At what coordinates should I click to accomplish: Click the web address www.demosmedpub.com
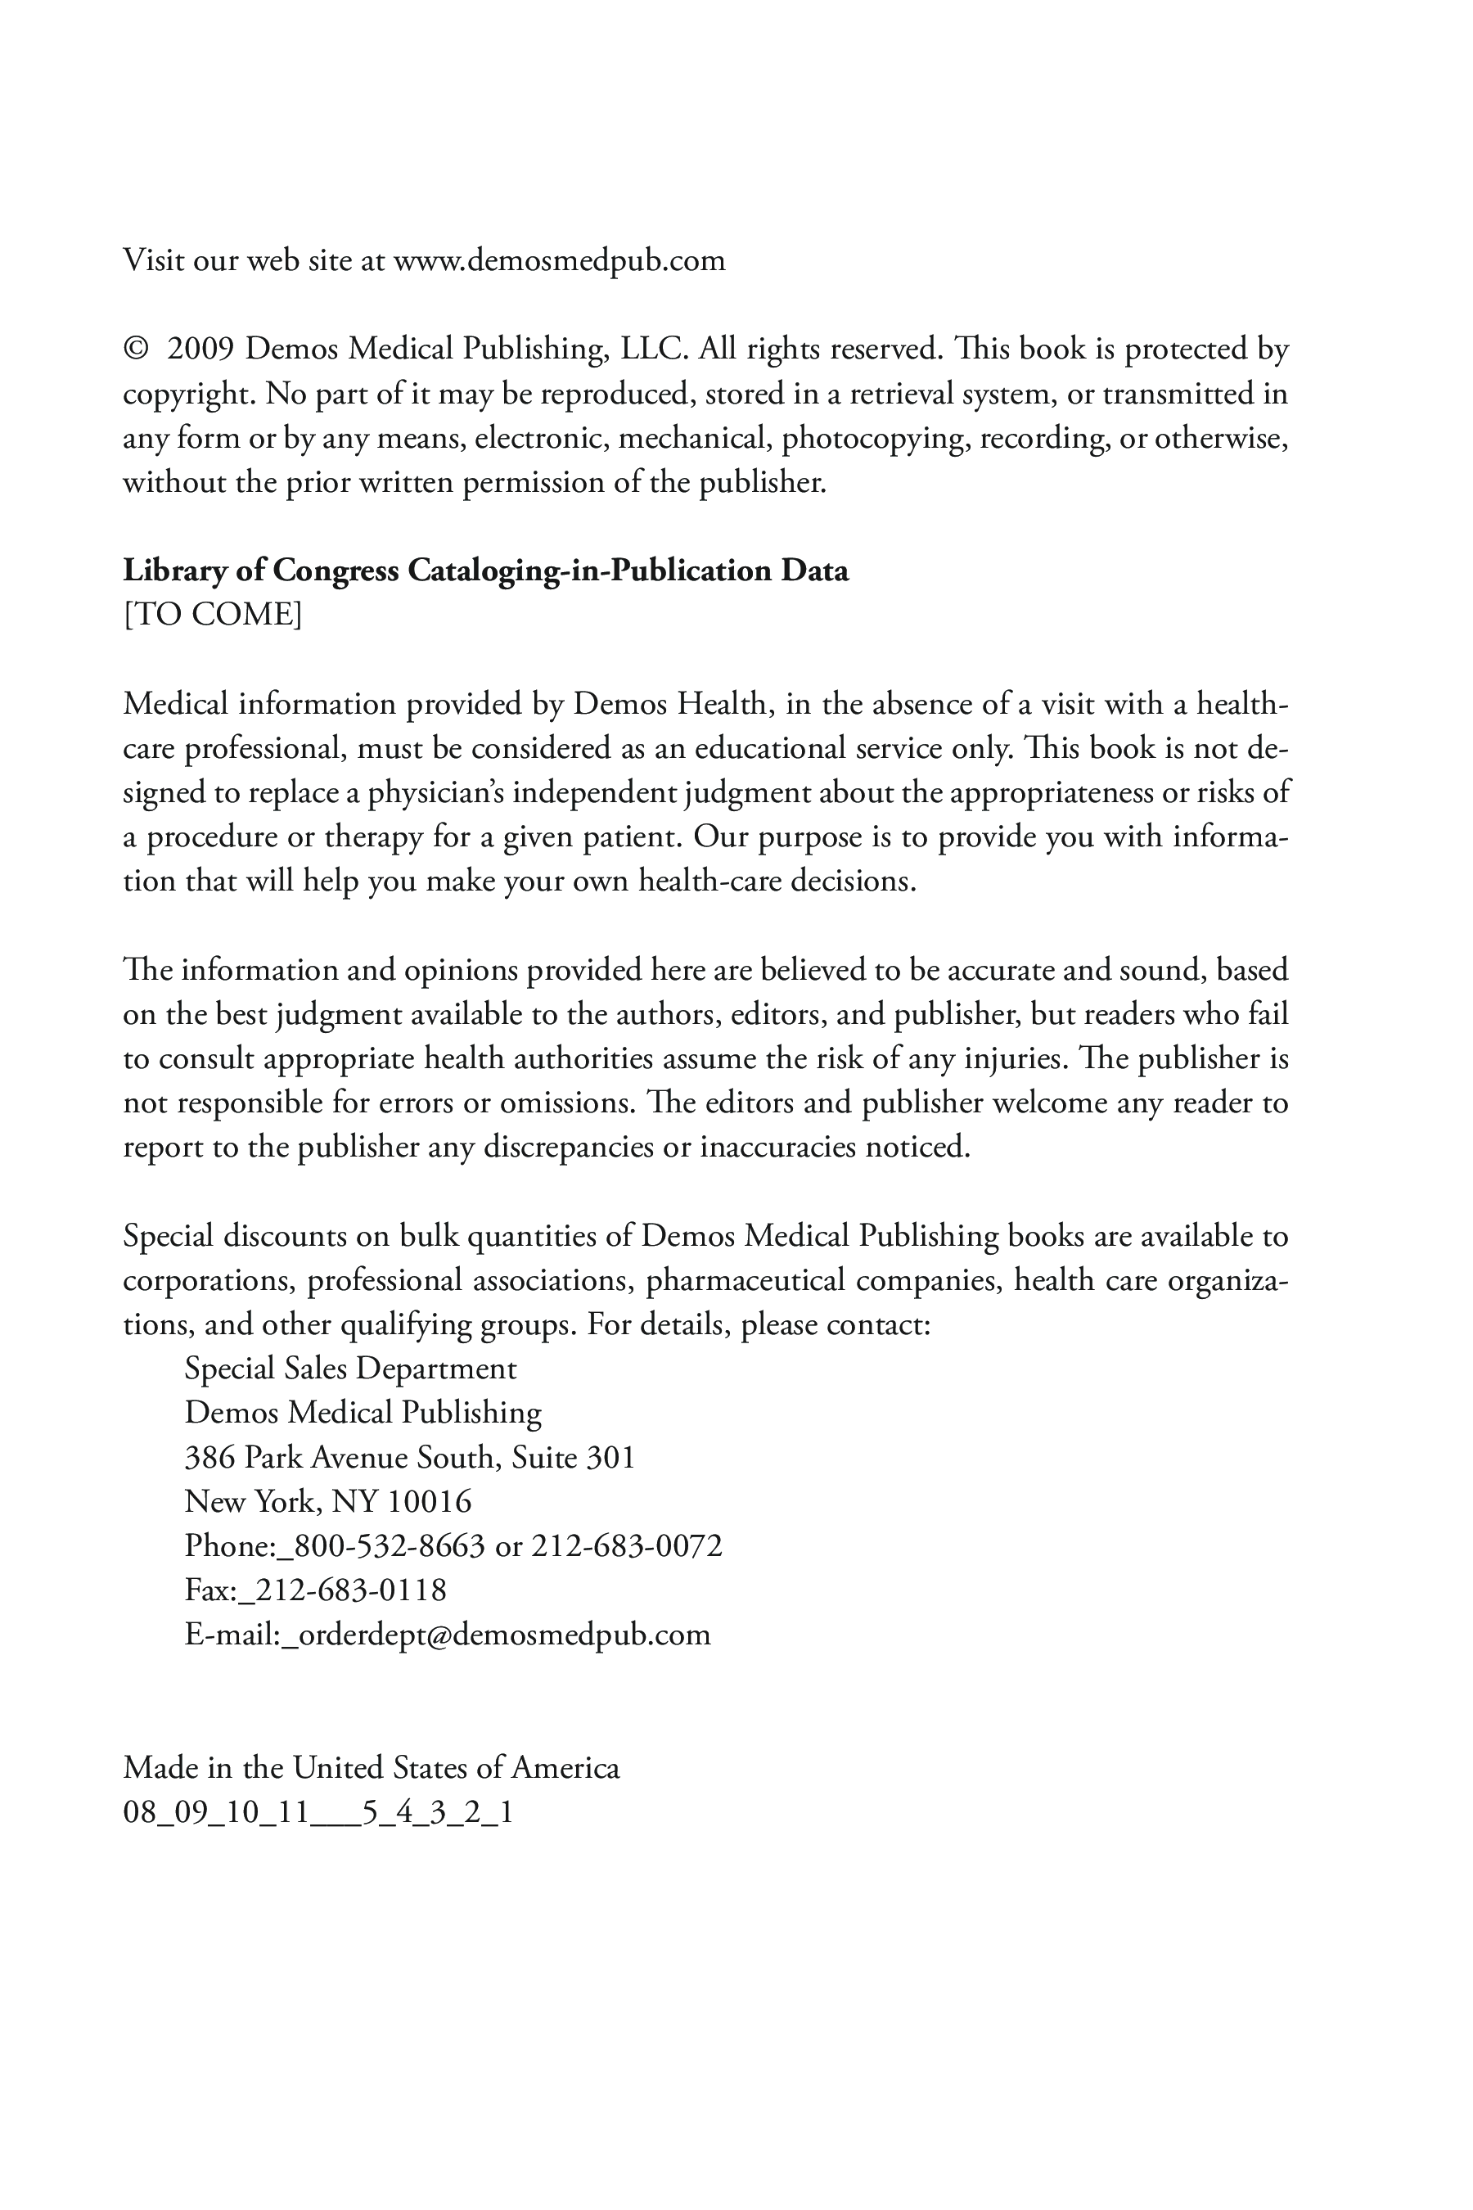click(559, 260)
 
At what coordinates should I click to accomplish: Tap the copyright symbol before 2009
click(135, 350)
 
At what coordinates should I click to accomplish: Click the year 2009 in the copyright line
click(200, 350)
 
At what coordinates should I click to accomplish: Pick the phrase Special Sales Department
click(350, 1369)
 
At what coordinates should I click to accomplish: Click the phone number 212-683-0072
click(627, 1545)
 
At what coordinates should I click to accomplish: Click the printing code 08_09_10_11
click(216, 1812)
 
